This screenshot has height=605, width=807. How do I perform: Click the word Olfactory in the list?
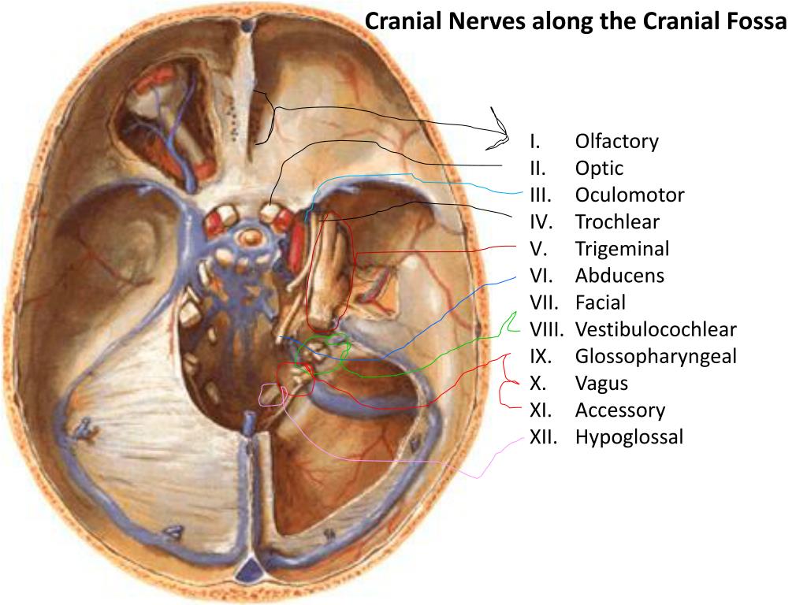click(616, 142)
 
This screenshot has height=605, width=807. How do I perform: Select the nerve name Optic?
click(599, 169)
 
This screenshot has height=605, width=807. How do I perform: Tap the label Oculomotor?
click(629, 195)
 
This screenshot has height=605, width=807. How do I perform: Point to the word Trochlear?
click(617, 222)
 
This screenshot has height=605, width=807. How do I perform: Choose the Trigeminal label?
click(622, 250)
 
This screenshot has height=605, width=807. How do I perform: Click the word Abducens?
click(619, 276)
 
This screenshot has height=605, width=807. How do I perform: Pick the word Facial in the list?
click(600, 302)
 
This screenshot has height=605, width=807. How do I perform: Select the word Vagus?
click(601, 384)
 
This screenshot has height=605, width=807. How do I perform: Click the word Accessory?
click(619, 410)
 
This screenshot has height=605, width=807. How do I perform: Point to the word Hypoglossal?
click(629, 437)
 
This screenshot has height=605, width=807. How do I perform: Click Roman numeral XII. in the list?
click(543, 437)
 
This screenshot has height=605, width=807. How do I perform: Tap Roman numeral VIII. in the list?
click(545, 329)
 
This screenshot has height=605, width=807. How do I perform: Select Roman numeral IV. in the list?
click(540, 222)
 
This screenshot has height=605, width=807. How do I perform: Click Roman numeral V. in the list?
click(538, 250)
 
